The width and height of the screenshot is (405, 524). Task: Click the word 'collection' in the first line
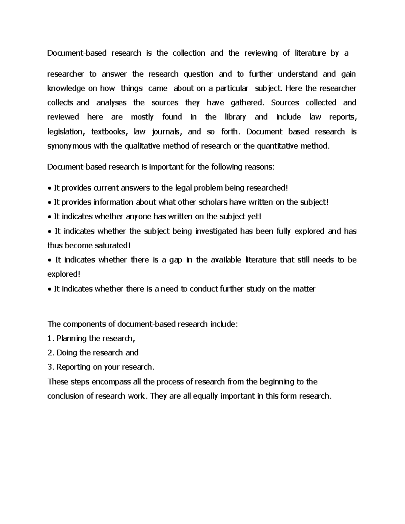[189, 53]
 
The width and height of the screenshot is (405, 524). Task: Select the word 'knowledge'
[66, 89]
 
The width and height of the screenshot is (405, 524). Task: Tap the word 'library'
[235, 117]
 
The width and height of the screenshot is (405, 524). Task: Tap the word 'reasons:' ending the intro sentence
[260, 167]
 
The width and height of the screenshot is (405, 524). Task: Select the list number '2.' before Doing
[51, 353]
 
